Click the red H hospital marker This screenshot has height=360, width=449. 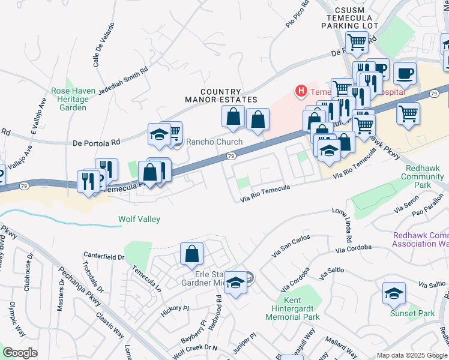[x=301, y=91]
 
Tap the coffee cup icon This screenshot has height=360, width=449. [x=405, y=73]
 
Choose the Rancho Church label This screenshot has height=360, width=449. [x=214, y=142]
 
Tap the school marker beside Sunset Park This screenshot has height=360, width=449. [x=394, y=293]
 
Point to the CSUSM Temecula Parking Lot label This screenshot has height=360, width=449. [x=350, y=18]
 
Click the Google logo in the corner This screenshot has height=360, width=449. [x=20, y=352]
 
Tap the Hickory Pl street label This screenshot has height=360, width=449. [x=175, y=312]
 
